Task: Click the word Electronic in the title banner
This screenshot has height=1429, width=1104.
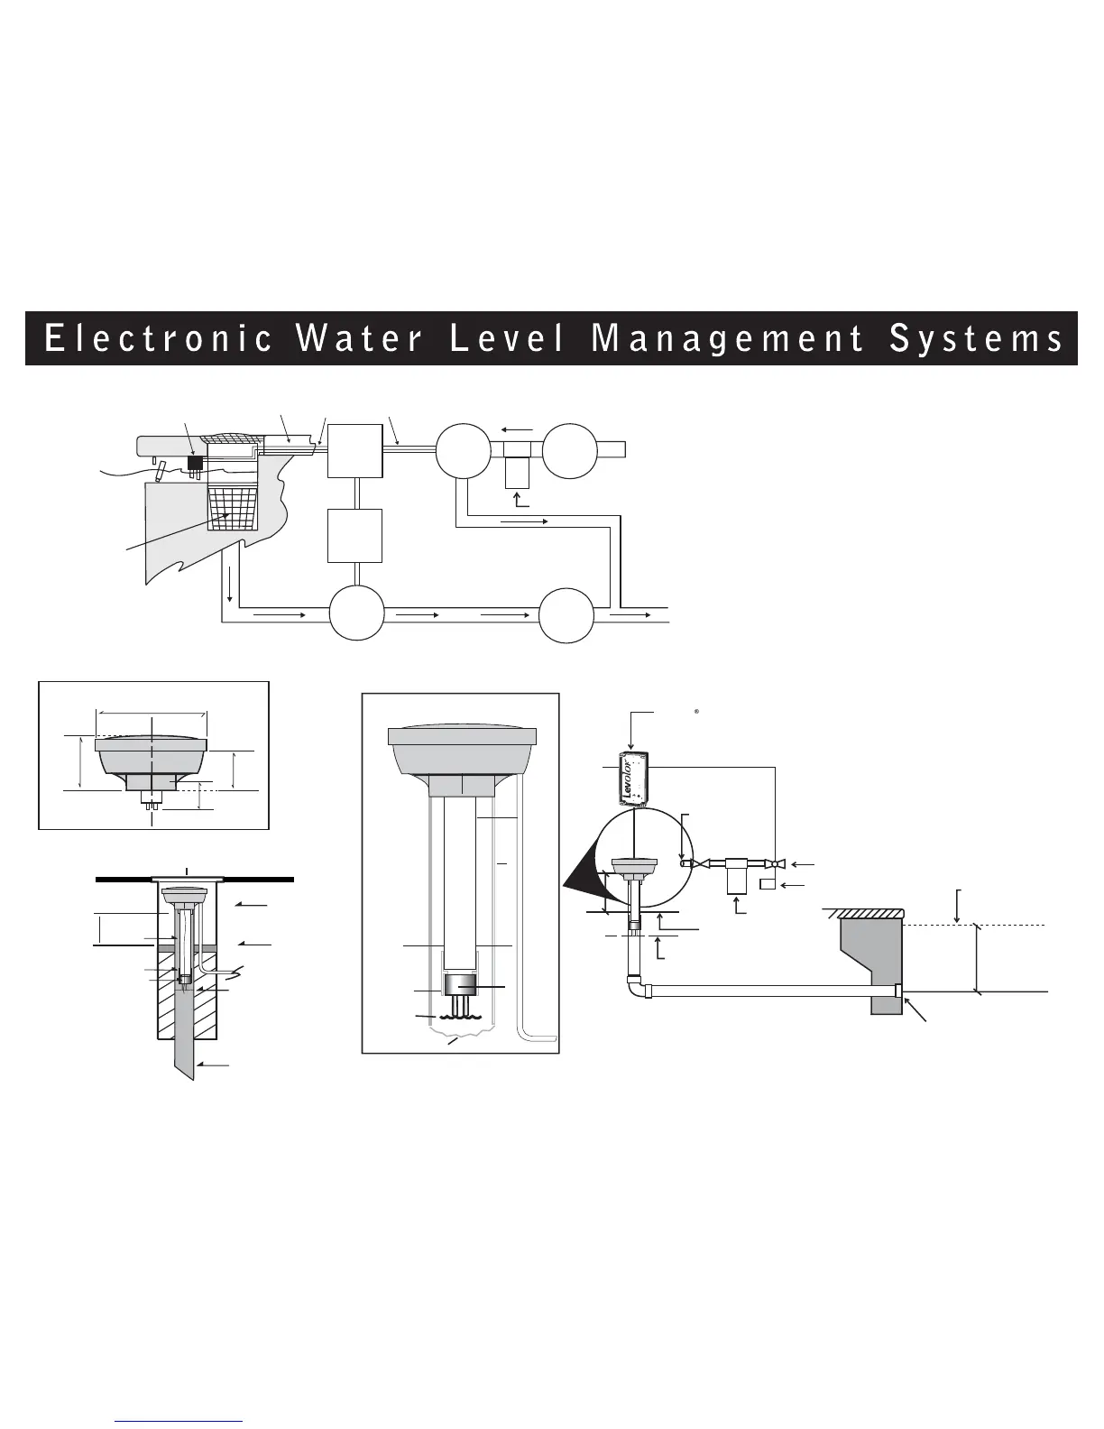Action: [159, 339]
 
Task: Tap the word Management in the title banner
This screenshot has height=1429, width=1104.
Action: [727, 339]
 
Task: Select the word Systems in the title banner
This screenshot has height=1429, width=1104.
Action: [977, 339]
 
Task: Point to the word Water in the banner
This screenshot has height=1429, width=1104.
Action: [359, 339]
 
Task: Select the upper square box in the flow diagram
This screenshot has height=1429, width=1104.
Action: [355, 450]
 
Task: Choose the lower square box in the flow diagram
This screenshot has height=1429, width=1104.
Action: [355, 536]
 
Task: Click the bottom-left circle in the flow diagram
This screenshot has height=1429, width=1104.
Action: [356, 614]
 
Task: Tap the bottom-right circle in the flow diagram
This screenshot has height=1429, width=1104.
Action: [566, 614]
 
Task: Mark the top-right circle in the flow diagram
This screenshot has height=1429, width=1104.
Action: [570, 450]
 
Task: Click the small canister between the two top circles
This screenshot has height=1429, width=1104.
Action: [518, 467]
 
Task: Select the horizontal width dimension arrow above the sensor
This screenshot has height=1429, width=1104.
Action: [152, 712]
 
